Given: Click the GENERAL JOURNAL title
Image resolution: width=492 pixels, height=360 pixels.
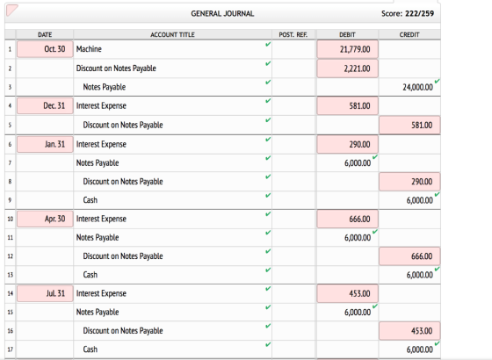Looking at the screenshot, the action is click(222, 13).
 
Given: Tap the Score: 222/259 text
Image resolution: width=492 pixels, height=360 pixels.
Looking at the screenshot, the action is click(408, 13).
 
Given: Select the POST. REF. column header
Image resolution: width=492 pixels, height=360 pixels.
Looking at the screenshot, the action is click(293, 34).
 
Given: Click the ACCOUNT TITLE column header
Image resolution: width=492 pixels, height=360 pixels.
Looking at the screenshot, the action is click(172, 34).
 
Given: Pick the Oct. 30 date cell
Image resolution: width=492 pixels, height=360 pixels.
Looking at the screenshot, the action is click(45, 49).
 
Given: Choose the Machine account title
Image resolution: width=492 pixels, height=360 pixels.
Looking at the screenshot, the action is click(89, 49).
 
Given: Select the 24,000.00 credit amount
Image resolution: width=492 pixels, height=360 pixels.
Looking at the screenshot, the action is click(417, 87).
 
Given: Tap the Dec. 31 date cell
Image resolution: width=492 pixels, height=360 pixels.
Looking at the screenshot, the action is click(45, 105).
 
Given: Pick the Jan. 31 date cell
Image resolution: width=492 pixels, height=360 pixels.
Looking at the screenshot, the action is click(45, 144).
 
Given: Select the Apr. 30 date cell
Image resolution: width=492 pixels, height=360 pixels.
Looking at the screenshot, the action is click(45, 219).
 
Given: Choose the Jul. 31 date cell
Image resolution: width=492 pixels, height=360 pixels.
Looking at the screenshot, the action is click(45, 293).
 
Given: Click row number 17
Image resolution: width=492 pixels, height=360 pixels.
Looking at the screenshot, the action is click(10, 349).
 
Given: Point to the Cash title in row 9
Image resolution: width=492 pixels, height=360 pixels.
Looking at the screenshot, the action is click(90, 200).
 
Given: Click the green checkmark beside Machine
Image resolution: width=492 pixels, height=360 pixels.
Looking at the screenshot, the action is click(268, 44).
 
